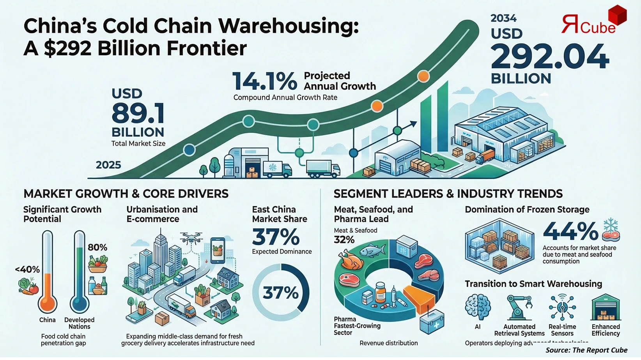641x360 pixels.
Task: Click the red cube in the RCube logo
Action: [x=617, y=14]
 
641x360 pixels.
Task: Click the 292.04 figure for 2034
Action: [x=549, y=57]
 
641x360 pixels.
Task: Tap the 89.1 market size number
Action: [x=138, y=113]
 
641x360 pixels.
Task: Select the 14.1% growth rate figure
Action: [x=265, y=81]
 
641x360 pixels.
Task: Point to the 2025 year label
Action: [x=108, y=165]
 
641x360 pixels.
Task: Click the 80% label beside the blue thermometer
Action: [x=97, y=247]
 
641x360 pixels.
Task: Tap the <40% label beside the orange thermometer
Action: [x=27, y=269]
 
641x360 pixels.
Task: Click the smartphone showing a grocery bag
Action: [x=218, y=251]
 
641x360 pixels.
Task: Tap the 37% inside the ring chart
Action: [x=281, y=293]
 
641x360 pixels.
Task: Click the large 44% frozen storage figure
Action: [x=570, y=231]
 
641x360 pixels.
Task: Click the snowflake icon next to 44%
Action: [x=611, y=226]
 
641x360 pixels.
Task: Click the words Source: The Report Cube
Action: [x=586, y=350]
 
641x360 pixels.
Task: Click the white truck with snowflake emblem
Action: [x=276, y=169]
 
